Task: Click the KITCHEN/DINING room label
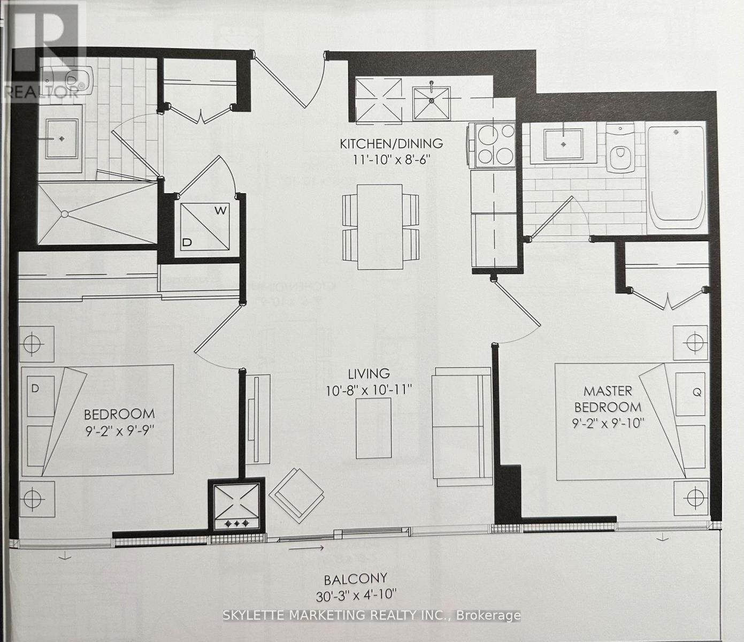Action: (x=392, y=143)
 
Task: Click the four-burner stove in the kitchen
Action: (x=492, y=143)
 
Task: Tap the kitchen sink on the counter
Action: (x=431, y=101)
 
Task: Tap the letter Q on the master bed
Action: (x=696, y=392)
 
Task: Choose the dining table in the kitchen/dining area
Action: (x=380, y=226)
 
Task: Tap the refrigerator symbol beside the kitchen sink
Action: (x=379, y=101)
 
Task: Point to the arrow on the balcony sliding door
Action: (x=306, y=548)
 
